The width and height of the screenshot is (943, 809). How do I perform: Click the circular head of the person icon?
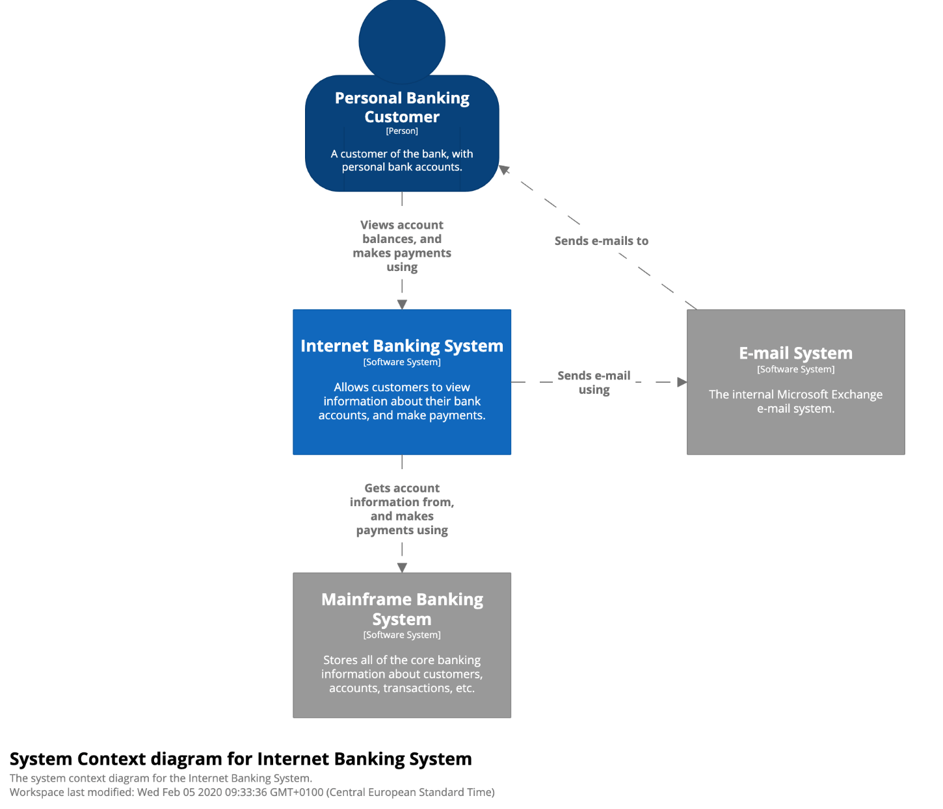click(x=402, y=41)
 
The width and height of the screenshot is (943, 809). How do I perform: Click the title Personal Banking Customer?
click(x=402, y=107)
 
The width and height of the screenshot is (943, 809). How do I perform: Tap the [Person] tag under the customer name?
click(x=402, y=131)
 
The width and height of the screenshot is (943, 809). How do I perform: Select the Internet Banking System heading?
click(x=402, y=346)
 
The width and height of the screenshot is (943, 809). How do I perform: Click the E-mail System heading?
click(x=795, y=353)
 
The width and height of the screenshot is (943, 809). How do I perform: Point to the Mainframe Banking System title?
click(x=402, y=609)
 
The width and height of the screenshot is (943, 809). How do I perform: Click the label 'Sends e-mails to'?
click(x=602, y=240)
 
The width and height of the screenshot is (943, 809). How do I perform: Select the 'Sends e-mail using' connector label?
click(x=594, y=382)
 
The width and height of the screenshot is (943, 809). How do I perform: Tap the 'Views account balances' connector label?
click(x=402, y=246)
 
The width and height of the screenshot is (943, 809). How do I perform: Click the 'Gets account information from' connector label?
click(x=402, y=509)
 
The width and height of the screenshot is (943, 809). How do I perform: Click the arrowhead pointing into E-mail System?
click(x=682, y=382)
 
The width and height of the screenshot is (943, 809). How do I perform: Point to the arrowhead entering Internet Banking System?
click(x=402, y=305)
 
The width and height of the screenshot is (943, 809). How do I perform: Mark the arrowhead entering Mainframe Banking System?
click(x=402, y=567)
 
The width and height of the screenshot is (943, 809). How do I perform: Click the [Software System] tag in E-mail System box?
click(x=795, y=369)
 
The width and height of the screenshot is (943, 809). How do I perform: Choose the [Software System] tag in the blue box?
click(x=402, y=362)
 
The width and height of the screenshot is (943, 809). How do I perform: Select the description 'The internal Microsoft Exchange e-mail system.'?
click(x=795, y=401)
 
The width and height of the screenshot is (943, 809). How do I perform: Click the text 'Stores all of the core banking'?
click(x=402, y=660)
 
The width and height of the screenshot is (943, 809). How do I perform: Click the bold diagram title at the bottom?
click(x=241, y=759)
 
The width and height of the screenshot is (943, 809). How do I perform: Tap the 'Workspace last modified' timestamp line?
click(x=252, y=792)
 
